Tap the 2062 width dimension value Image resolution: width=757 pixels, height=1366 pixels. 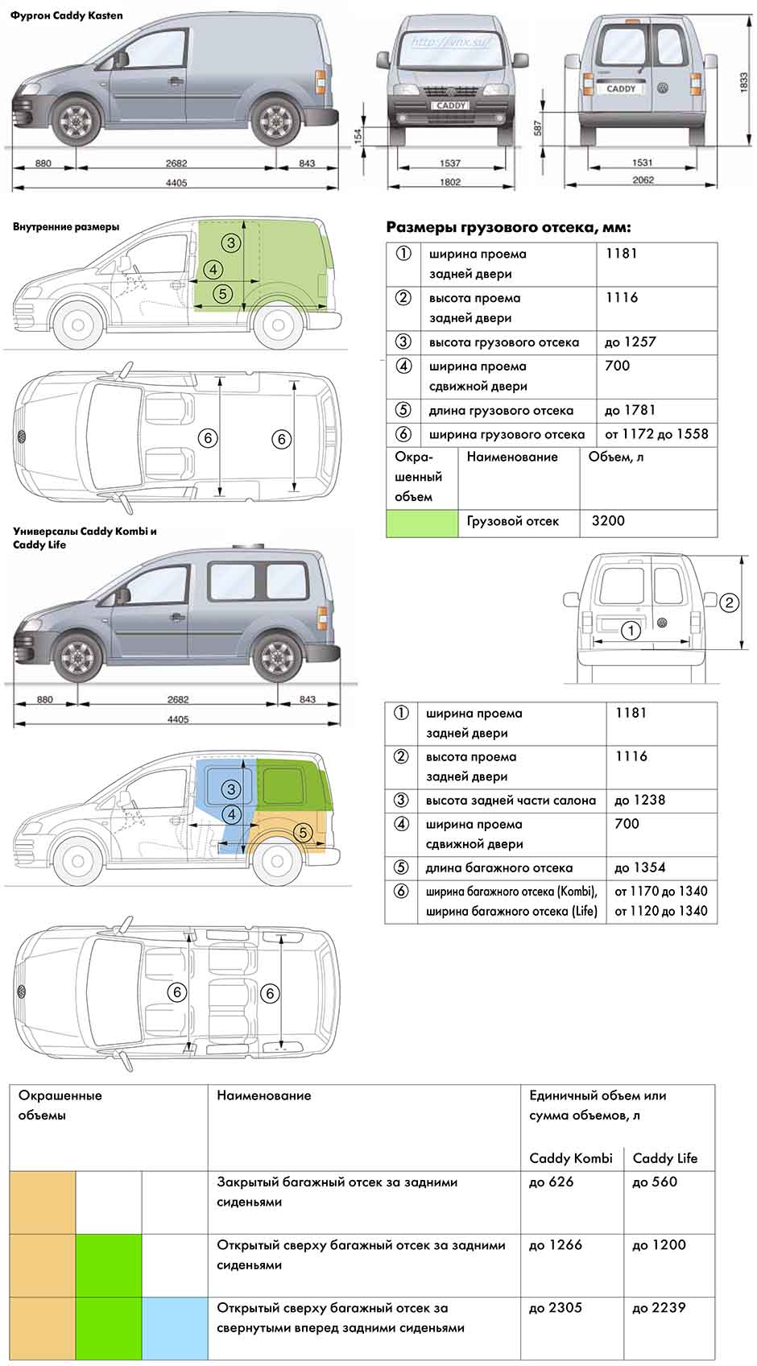point(643,180)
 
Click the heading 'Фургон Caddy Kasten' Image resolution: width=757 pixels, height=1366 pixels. point(67,15)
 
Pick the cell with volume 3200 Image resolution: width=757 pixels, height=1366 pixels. point(608,520)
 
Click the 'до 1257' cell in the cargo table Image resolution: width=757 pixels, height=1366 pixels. point(630,342)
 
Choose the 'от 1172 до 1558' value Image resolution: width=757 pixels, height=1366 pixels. point(656,434)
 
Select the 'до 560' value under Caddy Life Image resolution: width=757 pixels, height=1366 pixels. point(655,1182)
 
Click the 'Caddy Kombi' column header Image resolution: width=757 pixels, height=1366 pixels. point(571,1158)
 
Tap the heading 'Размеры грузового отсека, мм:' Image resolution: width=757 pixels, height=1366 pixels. point(509,227)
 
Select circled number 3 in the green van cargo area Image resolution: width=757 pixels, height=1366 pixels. point(231,242)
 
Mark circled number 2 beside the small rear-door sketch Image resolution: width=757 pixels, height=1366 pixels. point(729,602)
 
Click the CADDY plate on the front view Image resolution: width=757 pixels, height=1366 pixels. point(450,106)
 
